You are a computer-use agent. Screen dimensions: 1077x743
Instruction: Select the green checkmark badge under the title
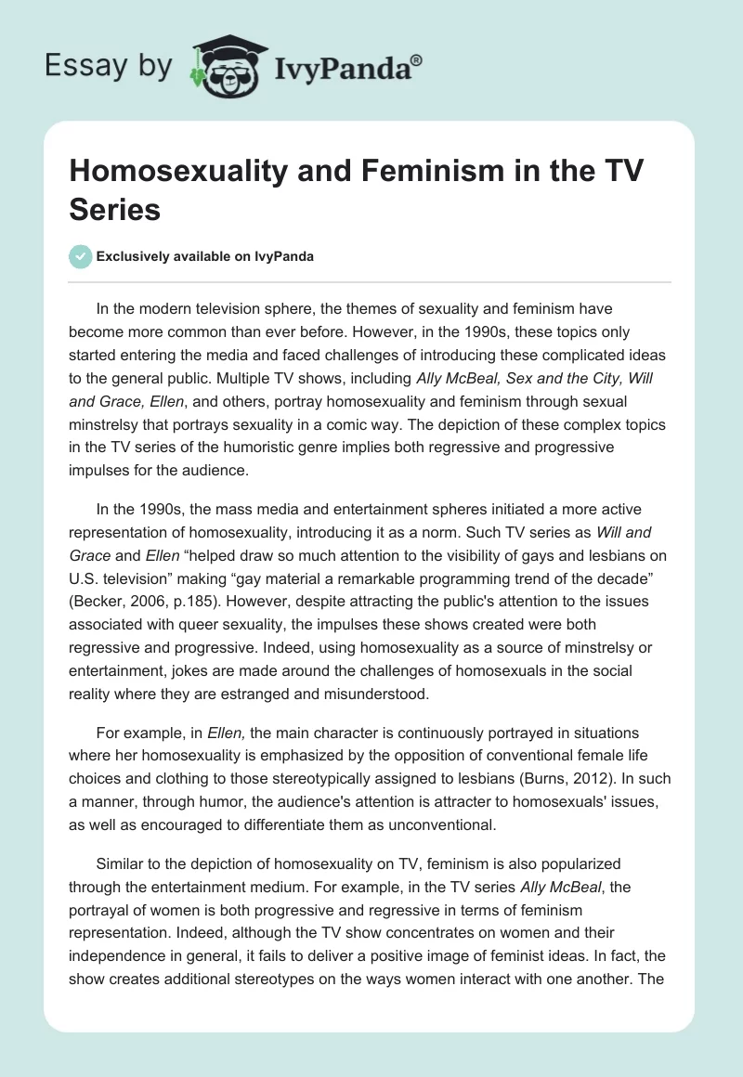(x=80, y=256)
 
